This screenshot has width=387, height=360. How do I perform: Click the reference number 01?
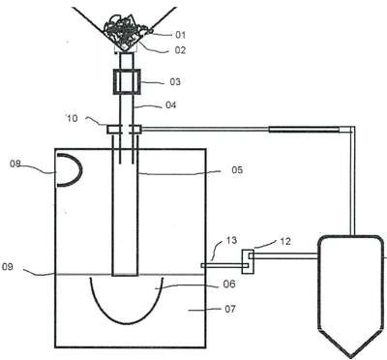click(x=181, y=35)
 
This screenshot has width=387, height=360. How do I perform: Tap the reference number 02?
click(x=180, y=50)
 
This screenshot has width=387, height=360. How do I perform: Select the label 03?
click(x=175, y=82)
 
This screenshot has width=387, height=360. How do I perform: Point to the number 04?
click(x=171, y=105)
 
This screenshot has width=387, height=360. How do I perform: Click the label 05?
click(x=237, y=169)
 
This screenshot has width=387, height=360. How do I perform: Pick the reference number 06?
click(x=229, y=284)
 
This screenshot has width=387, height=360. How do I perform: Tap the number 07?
click(x=230, y=309)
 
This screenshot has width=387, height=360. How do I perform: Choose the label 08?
click(x=15, y=164)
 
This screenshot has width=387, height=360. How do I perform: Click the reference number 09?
click(x=8, y=267)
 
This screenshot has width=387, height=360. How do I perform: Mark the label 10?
click(x=72, y=118)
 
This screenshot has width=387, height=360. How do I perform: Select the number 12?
click(x=285, y=241)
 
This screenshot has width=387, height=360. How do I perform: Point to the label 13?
click(x=231, y=240)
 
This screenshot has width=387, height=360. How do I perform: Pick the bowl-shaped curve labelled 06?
click(x=127, y=323)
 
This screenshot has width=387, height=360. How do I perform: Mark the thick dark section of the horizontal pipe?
click(x=304, y=130)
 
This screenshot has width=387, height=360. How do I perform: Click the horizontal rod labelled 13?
click(x=224, y=265)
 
